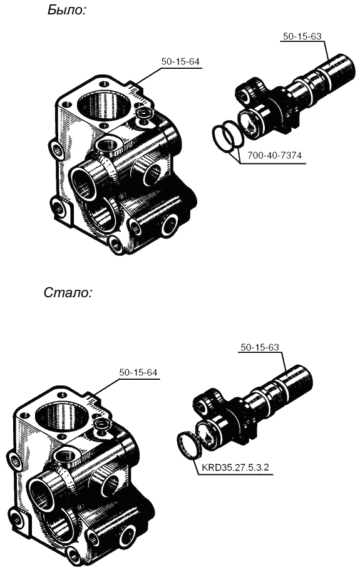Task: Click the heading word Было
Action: coord(66,10)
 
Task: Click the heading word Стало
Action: coord(68,292)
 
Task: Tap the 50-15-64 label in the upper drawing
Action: coord(180,61)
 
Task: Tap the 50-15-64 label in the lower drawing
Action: coord(138,373)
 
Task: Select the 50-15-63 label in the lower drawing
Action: coord(260,347)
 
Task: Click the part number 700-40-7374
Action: coord(275,156)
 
